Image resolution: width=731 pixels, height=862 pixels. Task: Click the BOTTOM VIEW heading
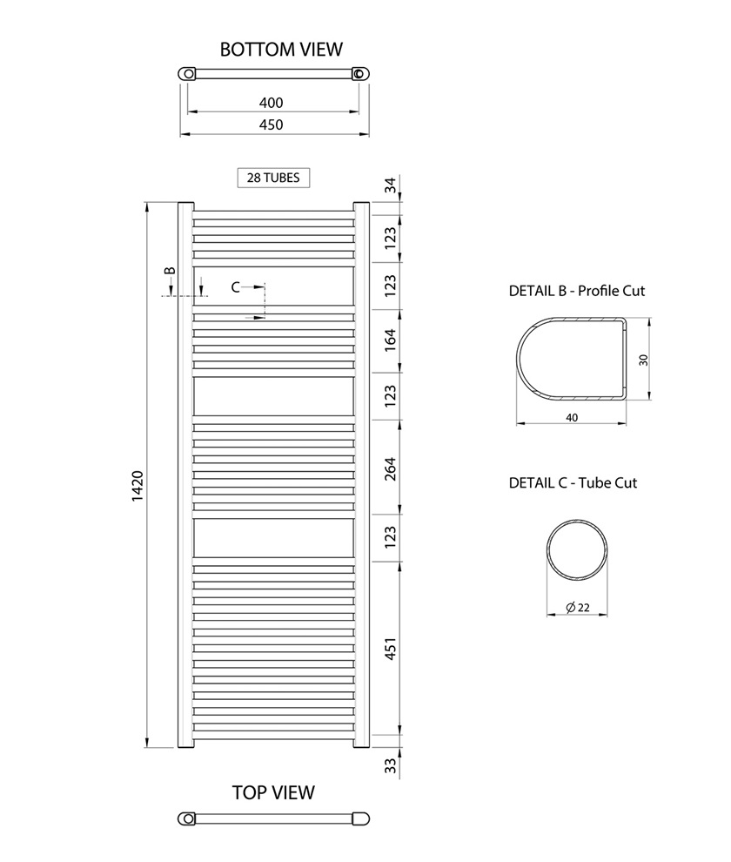pyautogui.click(x=281, y=50)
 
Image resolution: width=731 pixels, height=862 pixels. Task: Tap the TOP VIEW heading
pyautogui.click(x=273, y=792)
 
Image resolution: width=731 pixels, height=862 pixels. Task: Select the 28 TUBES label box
pyautogui.click(x=273, y=178)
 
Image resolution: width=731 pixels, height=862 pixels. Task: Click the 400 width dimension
pyautogui.click(x=271, y=103)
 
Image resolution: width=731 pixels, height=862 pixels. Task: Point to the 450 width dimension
pyautogui.click(x=271, y=125)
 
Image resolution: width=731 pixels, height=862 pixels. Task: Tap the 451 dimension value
pyautogui.click(x=390, y=649)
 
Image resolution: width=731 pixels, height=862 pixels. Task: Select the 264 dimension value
pyautogui.click(x=390, y=469)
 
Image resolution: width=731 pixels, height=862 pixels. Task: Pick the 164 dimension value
pyautogui.click(x=390, y=340)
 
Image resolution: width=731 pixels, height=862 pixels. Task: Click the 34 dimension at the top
pyautogui.click(x=390, y=185)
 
